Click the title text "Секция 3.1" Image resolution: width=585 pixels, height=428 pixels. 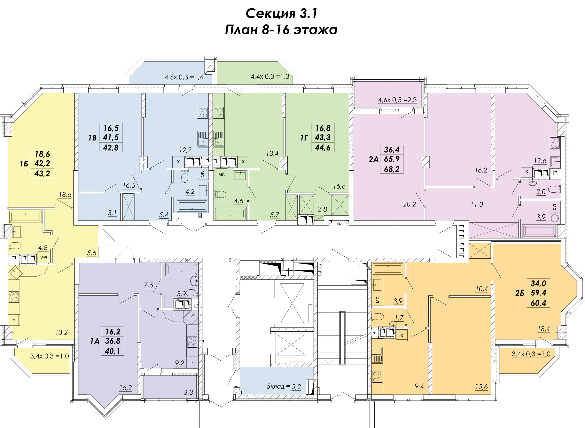click(281, 13)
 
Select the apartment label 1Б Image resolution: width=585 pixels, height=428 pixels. click(24, 164)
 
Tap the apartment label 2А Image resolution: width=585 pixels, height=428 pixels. click(373, 159)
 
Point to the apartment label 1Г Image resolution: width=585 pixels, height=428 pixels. click(304, 138)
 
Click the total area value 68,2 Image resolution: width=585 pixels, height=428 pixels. click(392, 169)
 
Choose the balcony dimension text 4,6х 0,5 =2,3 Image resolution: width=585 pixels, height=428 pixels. click(397, 100)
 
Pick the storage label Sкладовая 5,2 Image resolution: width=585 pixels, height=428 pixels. click(284, 387)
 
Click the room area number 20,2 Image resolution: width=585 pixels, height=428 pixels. click(409, 204)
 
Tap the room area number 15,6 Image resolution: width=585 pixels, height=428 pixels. click(481, 387)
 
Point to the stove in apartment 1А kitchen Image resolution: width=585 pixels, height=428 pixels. click(192, 342)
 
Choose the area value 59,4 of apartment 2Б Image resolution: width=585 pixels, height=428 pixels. click(538, 293)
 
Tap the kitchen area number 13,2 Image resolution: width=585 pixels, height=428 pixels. click(62, 332)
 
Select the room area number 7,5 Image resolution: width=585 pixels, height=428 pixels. click(149, 285)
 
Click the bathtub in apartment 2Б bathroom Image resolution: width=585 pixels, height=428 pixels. click(388, 269)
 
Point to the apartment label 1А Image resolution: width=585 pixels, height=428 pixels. click(95, 341)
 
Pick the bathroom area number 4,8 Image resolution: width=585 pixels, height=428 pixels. click(43, 247)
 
